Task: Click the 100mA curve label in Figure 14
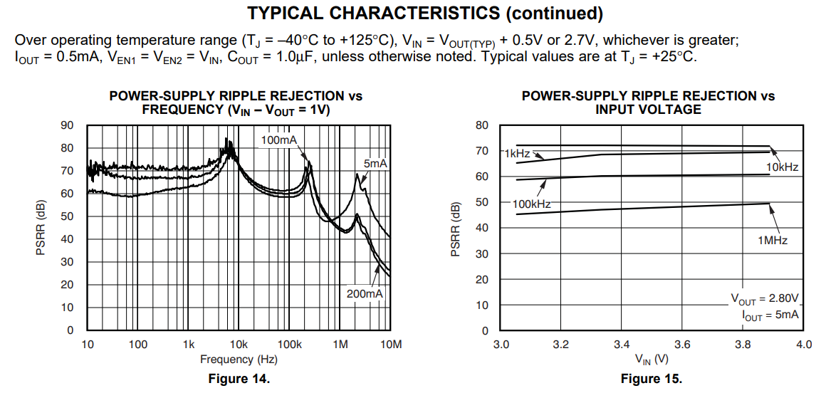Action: pos(279,140)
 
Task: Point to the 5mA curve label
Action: pos(375,164)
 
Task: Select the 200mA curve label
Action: pos(365,293)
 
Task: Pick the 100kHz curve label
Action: pos(532,204)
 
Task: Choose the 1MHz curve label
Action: pos(773,241)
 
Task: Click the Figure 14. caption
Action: pos(239,379)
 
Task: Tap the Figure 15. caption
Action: pos(652,379)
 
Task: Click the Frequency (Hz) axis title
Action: pos(239,360)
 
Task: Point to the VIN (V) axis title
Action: pos(652,360)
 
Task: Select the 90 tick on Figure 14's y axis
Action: pos(68,125)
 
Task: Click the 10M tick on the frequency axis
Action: pos(391,345)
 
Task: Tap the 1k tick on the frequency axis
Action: pos(189,345)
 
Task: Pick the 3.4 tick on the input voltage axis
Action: pos(622,345)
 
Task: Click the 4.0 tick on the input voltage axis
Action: pos(804,345)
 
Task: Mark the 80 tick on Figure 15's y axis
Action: pos(482,126)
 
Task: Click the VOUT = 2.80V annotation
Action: pos(765,298)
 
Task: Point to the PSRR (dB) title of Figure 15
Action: pos(456,228)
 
